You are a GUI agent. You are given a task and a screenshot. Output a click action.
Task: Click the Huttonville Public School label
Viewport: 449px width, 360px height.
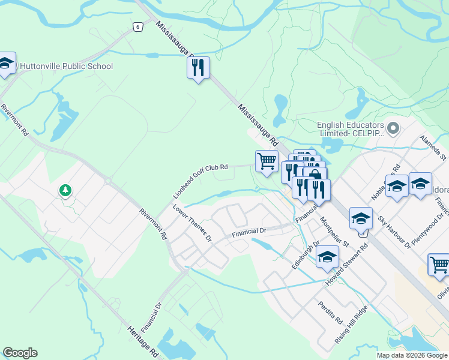coord(66,66)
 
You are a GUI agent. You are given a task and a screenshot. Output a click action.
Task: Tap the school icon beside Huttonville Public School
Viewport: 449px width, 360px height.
coord(6,64)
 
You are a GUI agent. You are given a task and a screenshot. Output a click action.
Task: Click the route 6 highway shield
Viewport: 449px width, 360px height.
coord(137,26)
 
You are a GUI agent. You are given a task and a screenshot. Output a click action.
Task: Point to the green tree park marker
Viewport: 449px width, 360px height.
coord(65,191)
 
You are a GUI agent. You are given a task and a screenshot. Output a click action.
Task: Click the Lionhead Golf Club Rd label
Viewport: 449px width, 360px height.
coord(201,182)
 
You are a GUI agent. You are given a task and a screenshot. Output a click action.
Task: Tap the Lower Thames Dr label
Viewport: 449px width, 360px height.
coord(192,223)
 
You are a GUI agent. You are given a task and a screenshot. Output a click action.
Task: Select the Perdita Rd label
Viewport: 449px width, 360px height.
coord(330,311)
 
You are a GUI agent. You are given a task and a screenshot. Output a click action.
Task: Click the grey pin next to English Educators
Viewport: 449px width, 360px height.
coord(393,128)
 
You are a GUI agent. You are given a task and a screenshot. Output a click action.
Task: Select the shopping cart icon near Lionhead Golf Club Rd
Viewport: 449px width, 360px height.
coord(267,161)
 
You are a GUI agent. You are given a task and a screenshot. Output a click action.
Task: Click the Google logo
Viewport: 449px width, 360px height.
coord(20,353)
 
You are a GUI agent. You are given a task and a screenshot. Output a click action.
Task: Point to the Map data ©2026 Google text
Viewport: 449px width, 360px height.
coord(412,355)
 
